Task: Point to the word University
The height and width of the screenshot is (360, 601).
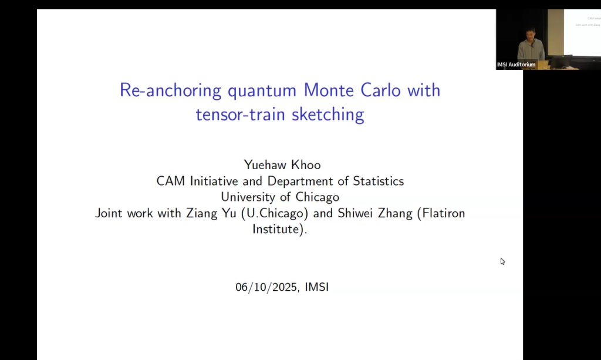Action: [x=249, y=197]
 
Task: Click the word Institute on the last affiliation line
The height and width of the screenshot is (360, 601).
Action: [x=276, y=229]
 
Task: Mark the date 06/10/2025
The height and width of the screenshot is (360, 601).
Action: [x=267, y=287]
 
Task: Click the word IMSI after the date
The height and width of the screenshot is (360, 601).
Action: [x=317, y=287]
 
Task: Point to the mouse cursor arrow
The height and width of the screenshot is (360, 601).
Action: [x=502, y=261]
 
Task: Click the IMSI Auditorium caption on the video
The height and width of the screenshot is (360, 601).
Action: [x=516, y=65]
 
